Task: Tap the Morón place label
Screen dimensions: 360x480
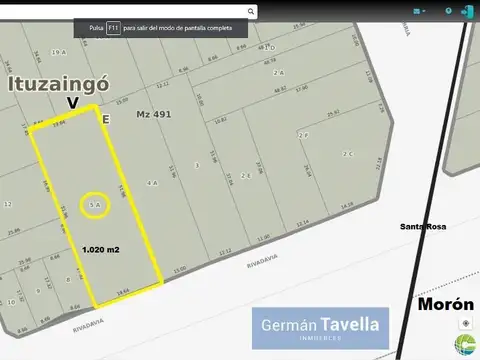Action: tap(437, 304)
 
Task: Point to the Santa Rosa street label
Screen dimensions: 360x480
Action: tap(421, 227)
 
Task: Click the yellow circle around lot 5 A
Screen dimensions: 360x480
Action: tap(96, 206)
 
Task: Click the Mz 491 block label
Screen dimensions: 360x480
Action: tap(154, 114)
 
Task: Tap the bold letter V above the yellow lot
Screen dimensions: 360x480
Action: tap(72, 103)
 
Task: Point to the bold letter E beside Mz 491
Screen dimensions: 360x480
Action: tap(106, 118)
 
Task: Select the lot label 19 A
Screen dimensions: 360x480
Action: tap(59, 51)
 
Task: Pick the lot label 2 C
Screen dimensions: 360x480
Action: tap(348, 154)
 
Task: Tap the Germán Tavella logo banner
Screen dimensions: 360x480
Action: tap(320, 328)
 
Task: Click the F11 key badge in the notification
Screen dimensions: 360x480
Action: tap(114, 29)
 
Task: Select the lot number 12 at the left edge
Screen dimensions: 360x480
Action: tap(8, 203)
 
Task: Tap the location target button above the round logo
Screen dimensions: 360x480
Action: tap(466, 323)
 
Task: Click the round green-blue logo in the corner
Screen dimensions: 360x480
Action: tap(465, 345)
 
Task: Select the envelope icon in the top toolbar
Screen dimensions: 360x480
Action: tap(418, 11)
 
